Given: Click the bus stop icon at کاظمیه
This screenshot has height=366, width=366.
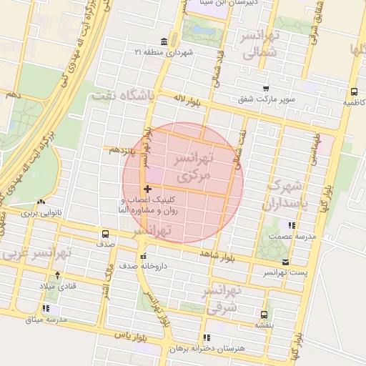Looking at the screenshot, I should click(354, 91).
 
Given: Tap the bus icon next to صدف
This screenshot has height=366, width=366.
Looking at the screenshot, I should click(106, 234).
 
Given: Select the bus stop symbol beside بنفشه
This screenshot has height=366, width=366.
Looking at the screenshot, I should click(264, 314).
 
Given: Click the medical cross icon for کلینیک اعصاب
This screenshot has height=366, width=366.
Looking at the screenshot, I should click(147, 189).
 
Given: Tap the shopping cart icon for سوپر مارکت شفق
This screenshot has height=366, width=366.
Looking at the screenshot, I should click(266, 89).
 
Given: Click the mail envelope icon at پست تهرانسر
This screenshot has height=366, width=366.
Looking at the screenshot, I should click(286, 262).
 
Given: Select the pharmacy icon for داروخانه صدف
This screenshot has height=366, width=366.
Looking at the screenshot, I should click(144, 255).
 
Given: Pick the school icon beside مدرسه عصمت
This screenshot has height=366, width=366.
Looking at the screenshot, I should click(290, 226).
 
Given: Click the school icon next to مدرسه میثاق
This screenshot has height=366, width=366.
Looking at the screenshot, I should click(46, 309).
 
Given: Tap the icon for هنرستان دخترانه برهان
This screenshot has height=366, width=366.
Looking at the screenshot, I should click(207, 337).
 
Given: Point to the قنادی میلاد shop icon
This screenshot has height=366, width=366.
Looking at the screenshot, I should click(58, 275).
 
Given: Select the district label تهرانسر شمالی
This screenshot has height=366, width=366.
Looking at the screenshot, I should click(262, 44).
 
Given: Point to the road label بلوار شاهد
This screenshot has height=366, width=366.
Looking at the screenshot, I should click(218, 253).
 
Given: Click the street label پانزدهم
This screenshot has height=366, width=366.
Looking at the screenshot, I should click(123, 150).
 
